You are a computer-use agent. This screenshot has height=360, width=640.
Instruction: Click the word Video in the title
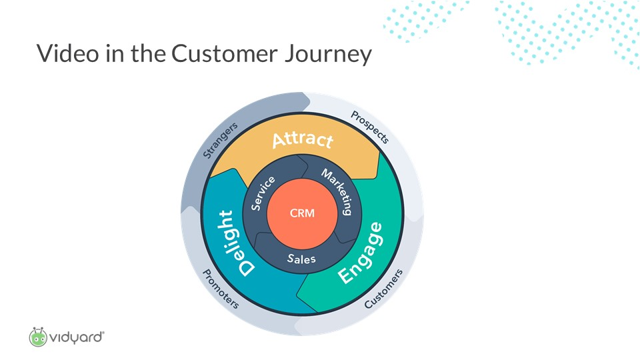coord(68,53)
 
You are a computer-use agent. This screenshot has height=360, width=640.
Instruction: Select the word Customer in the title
coord(225,53)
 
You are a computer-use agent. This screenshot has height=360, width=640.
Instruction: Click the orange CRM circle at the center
coord(302,213)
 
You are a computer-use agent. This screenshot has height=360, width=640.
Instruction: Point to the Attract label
coord(303,139)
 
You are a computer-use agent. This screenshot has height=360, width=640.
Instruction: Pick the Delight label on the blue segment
coord(237,243)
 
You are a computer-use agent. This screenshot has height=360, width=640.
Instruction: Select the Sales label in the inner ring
coord(301,259)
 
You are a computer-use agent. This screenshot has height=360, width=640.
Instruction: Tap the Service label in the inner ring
coord(263,193)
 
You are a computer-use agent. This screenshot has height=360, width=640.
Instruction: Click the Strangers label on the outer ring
coord(220,140)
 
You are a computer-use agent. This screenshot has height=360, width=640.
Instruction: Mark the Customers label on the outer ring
coord(383,289)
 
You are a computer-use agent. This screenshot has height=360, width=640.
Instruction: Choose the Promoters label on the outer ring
coord(221,289)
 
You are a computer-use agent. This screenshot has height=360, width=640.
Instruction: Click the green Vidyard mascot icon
coord(39,337)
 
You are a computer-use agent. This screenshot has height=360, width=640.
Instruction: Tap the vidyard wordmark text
coord(77,338)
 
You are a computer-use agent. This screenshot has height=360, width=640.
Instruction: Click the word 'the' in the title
coord(148,53)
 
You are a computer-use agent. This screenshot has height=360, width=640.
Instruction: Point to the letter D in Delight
coord(247,268)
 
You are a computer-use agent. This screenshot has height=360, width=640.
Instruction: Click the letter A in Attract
coord(279,141)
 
